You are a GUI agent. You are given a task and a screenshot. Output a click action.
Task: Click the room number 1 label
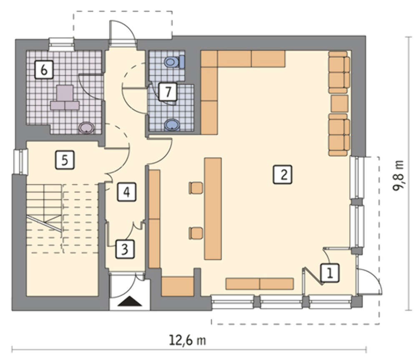tap(330, 273)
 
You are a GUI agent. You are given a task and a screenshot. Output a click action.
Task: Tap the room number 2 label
tap(283, 175)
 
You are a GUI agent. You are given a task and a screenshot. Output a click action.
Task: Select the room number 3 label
tap(125, 249)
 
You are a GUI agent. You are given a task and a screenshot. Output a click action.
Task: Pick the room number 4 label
tap(127, 192)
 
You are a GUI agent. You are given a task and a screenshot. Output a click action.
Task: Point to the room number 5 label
tap(65, 160)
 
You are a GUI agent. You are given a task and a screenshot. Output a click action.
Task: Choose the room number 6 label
tap(44, 70)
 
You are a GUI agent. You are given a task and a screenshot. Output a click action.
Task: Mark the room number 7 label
tap(168, 92)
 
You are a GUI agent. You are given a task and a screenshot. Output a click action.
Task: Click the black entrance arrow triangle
tap(130, 302)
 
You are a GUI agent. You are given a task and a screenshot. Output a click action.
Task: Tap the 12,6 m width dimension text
tap(188, 340)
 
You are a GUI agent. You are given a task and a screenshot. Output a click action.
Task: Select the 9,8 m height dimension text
tap(398, 175)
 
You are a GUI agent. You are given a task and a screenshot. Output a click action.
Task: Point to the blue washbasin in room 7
tap(172, 125)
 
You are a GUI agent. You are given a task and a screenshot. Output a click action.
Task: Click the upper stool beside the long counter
tap(196, 188)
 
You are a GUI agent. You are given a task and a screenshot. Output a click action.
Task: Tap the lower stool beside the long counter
tap(196, 233)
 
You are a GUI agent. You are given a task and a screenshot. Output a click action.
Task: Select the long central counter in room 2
tap(213, 209)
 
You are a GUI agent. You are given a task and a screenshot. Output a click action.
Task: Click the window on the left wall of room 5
tap(21, 162)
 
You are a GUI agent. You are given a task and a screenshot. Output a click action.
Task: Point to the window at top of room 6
tap(61, 44)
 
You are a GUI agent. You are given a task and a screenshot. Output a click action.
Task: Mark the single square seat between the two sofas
tap(339, 104)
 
